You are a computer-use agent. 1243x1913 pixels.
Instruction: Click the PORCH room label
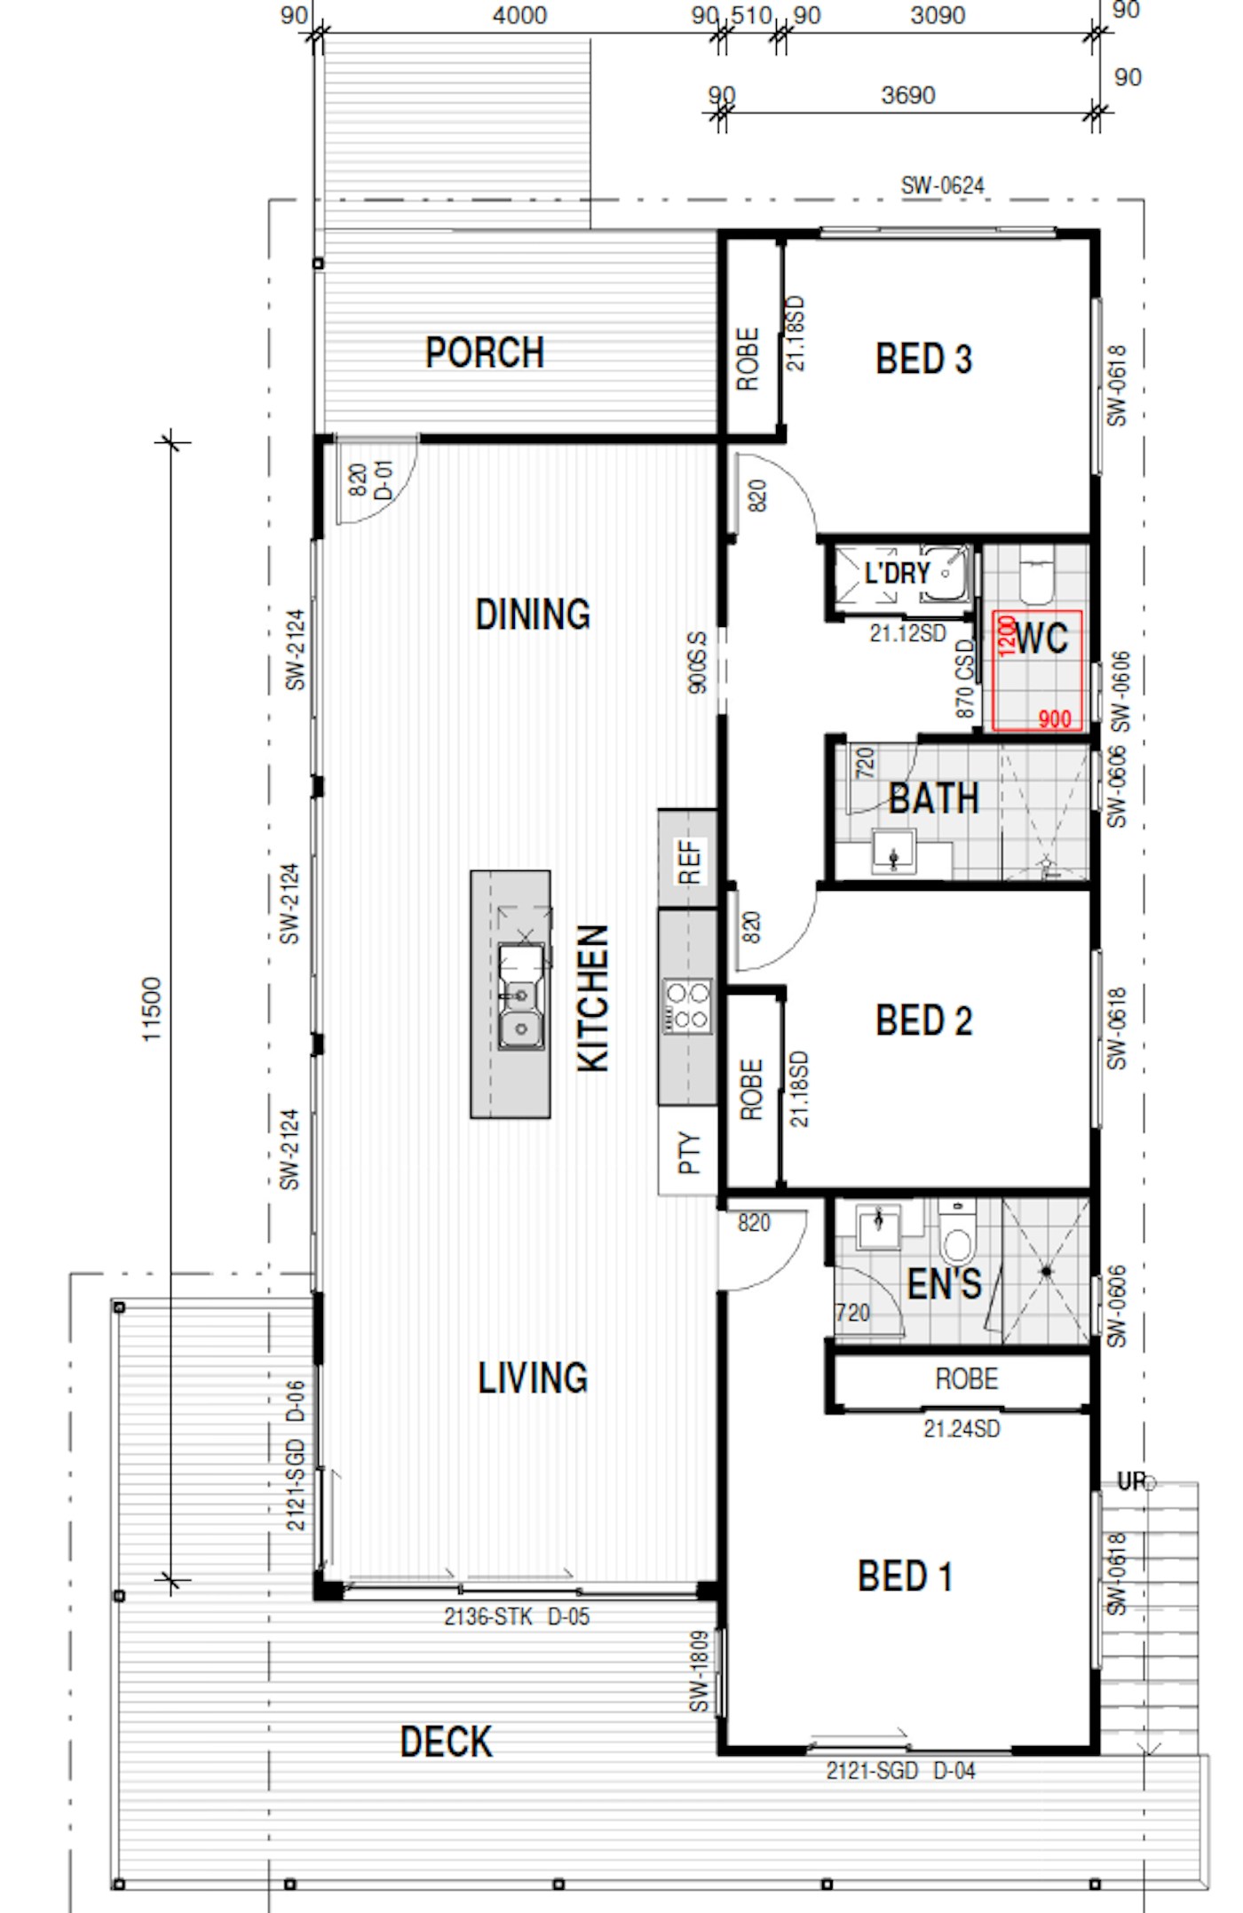[485, 353]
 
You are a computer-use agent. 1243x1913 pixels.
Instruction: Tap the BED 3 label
[923, 359]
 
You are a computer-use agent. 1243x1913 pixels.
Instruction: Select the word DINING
[533, 615]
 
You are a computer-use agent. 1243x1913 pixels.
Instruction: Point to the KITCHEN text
[593, 998]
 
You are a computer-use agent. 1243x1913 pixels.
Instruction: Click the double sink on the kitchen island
[521, 996]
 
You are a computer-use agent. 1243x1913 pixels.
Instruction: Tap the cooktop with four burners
[687, 1005]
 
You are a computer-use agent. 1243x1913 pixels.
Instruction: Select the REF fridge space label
[690, 861]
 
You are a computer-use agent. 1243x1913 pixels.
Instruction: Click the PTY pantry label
[689, 1153]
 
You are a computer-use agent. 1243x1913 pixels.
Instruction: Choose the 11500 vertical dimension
[152, 1009]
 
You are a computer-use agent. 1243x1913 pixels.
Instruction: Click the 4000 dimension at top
[519, 16]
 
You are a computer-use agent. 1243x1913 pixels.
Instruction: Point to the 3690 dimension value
[908, 95]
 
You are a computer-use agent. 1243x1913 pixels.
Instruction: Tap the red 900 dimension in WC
[1055, 718]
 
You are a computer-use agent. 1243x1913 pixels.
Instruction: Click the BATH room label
[934, 798]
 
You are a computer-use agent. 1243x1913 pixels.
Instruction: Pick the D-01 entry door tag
[384, 480]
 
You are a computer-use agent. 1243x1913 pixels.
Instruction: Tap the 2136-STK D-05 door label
[517, 1616]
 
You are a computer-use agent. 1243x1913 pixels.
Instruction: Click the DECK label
[446, 1742]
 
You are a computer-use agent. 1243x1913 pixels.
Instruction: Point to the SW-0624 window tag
[943, 186]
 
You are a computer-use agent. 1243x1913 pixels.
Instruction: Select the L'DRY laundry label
[897, 573]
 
